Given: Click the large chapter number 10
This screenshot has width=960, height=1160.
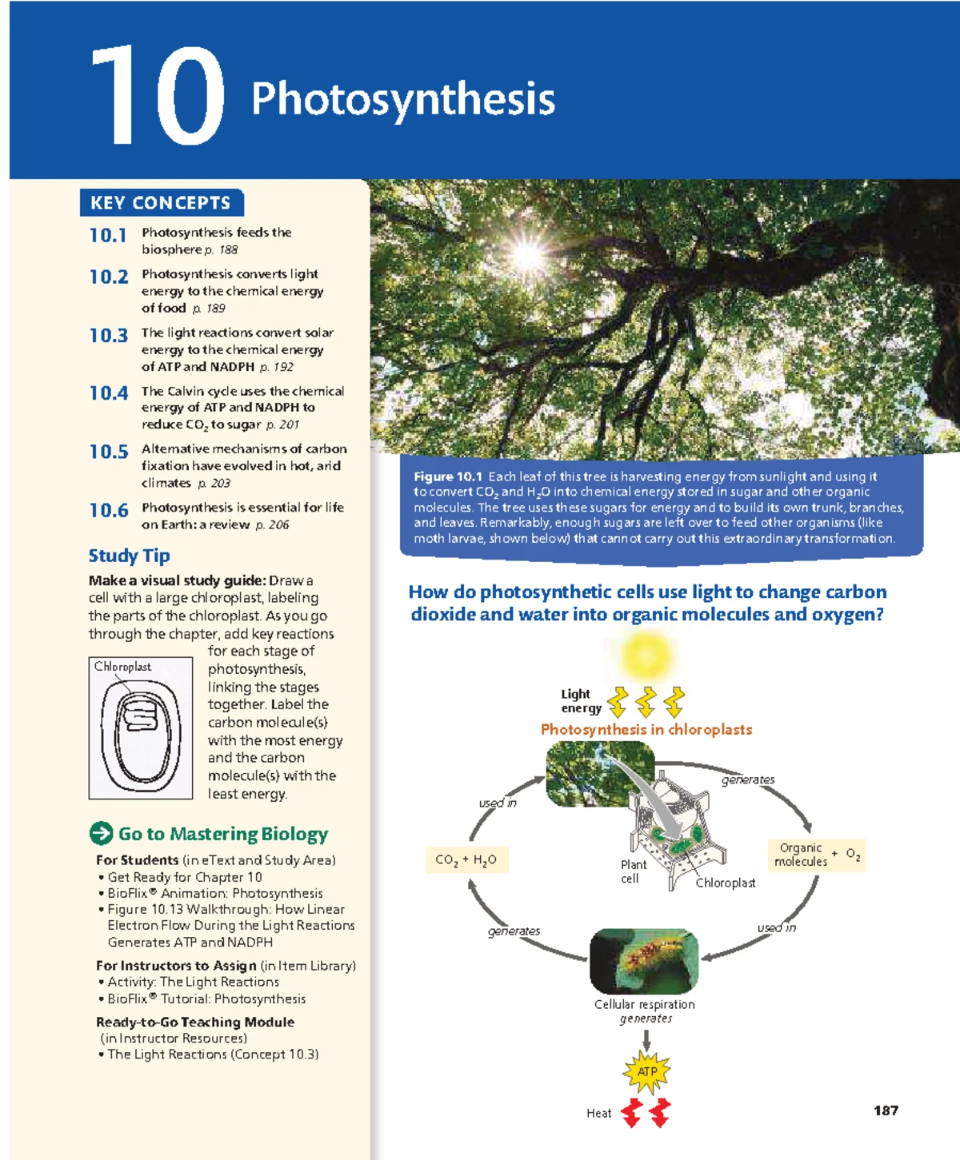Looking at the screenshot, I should point(157,97).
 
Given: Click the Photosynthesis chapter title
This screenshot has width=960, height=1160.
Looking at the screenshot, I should point(402,100).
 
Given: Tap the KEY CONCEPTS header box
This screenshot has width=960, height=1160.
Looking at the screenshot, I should point(161,203).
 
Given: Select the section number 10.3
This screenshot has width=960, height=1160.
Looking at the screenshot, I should point(109,336).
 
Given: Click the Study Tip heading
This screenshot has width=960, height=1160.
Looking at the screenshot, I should point(129,556).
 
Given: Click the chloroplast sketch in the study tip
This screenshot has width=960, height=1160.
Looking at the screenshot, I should point(141,728).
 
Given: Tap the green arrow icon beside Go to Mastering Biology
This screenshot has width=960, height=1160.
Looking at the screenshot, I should point(101,834).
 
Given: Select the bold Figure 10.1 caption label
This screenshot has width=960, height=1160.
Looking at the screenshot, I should point(447,476).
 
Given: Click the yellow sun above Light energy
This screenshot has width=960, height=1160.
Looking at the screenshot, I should point(646,655).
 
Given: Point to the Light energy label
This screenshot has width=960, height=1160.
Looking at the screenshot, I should point(580,701).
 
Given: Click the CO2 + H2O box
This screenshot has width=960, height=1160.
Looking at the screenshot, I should point(466,860).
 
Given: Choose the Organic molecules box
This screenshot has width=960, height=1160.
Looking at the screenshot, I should point(800,855).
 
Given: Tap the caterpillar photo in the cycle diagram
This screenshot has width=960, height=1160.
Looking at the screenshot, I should point(644,962).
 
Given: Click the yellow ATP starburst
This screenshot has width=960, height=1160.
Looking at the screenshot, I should point(646,1071).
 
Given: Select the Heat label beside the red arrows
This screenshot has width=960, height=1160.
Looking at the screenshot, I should point(598,1113).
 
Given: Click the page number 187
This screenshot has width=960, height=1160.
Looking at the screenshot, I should point(886,1110).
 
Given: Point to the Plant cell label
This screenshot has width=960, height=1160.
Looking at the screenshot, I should point(633,871).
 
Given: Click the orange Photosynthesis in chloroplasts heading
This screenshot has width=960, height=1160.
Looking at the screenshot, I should point(646,729).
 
